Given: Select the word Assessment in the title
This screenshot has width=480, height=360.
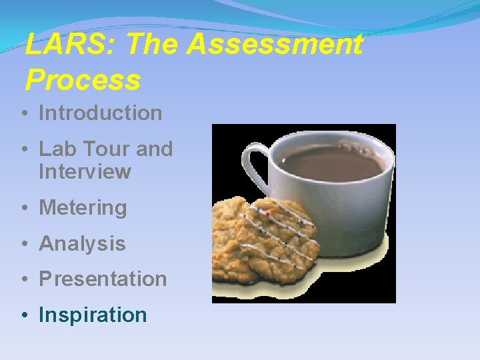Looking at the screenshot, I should click(275, 45).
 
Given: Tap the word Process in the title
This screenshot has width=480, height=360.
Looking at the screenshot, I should click(83, 81).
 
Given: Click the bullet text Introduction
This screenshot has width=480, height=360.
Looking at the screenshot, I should click(101, 113).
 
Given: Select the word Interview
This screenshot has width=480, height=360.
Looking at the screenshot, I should click(85, 172).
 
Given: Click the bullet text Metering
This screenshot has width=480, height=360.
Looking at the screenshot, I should click(83, 208).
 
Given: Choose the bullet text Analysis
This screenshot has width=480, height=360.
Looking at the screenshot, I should click(82, 244).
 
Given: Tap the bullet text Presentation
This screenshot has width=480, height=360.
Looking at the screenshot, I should click(103, 279).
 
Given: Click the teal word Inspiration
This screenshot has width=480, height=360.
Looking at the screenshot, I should click(93, 315).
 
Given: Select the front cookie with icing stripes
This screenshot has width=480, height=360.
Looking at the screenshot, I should click(280, 237).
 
